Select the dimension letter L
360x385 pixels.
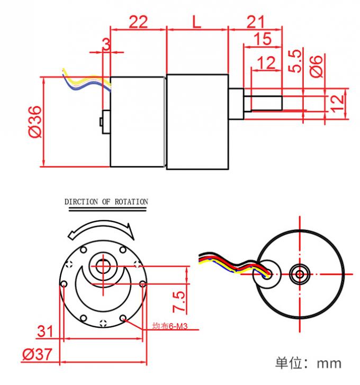point(196,22)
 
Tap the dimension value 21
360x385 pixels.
point(255,22)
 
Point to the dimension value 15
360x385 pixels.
point(263,39)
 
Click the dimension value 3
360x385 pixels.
point(106,44)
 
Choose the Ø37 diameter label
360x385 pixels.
point(38,354)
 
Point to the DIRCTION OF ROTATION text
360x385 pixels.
point(106,202)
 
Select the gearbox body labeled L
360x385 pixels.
point(196,121)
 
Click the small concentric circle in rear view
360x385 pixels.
point(300,274)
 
